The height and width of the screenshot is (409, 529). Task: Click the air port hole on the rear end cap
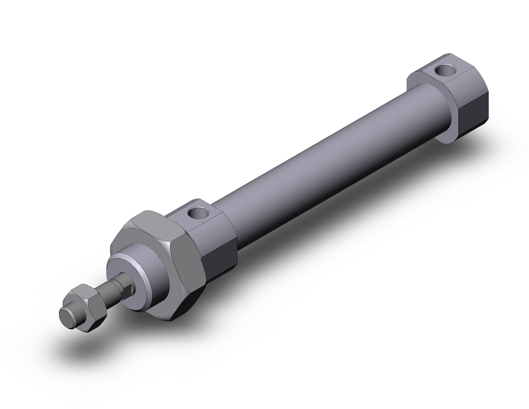(x=440, y=69)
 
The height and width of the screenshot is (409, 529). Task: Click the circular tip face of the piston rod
(x=67, y=318)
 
